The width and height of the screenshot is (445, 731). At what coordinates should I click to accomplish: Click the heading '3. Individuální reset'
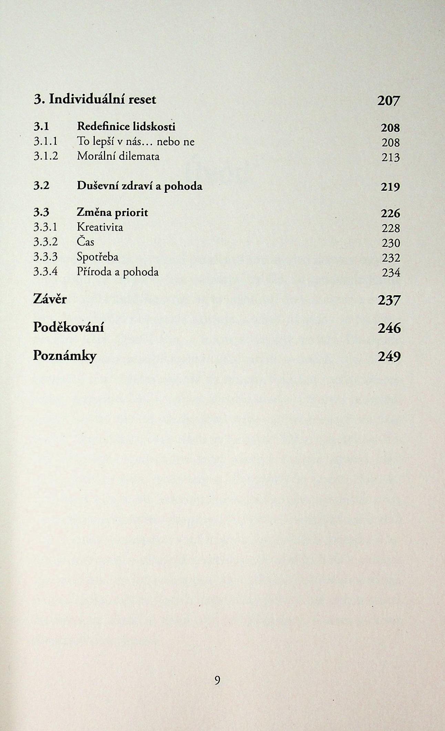click(95, 99)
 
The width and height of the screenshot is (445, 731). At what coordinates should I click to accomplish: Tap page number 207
click(389, 101)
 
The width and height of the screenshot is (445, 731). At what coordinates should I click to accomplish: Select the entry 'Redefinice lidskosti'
click(126, 127)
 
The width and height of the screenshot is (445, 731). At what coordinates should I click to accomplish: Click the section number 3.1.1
click(46, 141)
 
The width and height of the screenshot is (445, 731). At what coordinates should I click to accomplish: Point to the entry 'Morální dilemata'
click(118, 156)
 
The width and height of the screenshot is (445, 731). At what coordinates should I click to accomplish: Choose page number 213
click(390, 158)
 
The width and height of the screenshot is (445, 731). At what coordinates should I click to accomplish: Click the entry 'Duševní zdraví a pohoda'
click(139, 186)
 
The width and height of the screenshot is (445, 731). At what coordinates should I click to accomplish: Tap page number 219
click(390, 187)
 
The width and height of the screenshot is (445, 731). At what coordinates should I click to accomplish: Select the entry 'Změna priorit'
click(112, 212)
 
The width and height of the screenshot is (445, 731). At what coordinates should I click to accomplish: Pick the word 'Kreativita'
click(100, 227)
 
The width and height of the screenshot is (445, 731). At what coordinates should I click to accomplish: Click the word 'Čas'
click(85, 242)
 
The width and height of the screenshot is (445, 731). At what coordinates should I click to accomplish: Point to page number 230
click(391, 243)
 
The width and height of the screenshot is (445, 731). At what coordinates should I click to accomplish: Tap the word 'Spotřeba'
click(97, 257)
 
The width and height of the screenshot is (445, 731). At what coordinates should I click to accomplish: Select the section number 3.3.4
click(46, 272)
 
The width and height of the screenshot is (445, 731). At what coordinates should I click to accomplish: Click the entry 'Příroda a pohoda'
click(118, 272)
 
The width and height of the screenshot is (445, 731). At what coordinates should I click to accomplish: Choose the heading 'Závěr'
click(50, 299)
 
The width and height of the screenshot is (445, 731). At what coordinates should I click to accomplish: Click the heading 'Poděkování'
click(69, 327)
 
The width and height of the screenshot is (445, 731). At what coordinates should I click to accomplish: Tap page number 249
click(389, 357)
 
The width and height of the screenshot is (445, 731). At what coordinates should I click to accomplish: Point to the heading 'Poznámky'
click(65, 356)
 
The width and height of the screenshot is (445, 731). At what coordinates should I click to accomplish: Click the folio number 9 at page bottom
click(217, 680)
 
